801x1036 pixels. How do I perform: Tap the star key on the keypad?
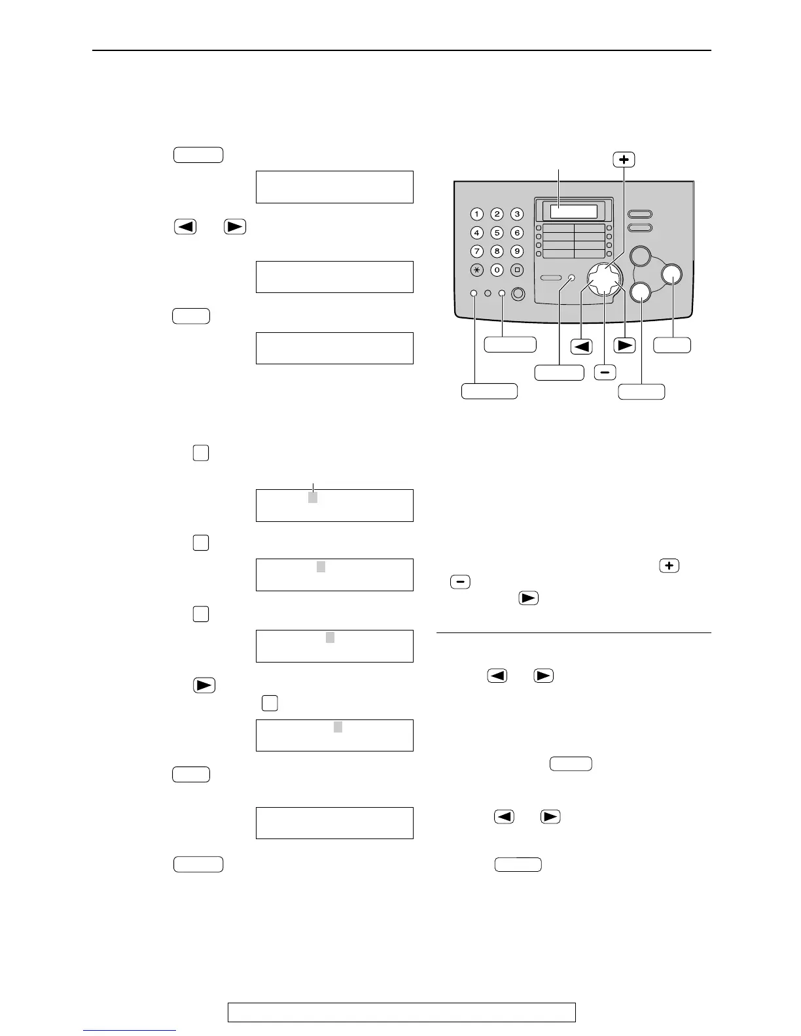477,270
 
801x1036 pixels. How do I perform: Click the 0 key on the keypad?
497,270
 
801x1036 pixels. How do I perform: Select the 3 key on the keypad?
517,214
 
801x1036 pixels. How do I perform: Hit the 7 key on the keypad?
477,251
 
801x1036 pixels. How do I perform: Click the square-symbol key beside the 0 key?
517,270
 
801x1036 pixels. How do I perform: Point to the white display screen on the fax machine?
573,211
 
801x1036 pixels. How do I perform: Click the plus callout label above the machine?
624,160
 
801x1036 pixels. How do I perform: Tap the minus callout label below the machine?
605,372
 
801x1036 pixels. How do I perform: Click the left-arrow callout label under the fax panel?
581,345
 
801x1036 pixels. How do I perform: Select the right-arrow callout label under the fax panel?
625,345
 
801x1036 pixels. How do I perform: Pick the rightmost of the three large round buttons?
671,275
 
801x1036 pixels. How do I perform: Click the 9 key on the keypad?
517,251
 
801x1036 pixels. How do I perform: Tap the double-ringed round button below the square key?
518,294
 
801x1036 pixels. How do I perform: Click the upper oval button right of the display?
640,214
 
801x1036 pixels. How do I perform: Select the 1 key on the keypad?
477,214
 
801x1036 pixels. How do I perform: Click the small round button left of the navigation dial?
571,278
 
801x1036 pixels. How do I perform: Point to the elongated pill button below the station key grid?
551,278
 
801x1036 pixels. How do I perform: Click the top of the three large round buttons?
641,256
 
